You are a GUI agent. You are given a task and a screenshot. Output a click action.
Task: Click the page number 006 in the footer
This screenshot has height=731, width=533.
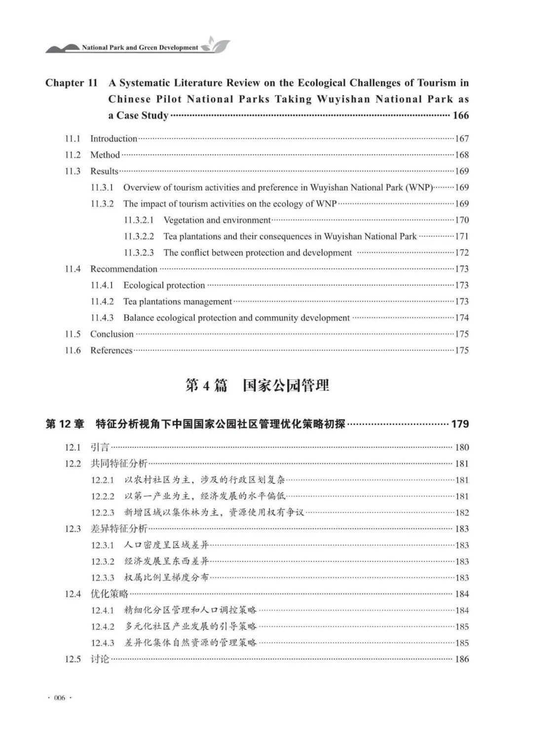(60, 697)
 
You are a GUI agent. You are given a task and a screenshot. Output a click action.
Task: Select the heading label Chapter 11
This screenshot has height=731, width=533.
(72, 83)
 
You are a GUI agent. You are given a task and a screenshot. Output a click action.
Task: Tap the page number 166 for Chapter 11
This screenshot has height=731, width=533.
(460, 115)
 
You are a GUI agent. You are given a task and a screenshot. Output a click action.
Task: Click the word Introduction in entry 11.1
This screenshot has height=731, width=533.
(114, 139)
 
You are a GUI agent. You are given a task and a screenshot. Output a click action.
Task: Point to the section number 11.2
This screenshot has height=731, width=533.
(73, 155)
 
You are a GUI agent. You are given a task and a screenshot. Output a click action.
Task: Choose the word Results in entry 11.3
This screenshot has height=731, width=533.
(104, 171)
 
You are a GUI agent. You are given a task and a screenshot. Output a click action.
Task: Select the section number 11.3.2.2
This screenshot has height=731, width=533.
(139, 236)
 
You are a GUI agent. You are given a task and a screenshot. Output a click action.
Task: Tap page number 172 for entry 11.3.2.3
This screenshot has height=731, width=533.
(461, 253)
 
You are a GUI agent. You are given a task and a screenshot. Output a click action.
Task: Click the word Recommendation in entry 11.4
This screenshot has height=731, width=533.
(123, 269)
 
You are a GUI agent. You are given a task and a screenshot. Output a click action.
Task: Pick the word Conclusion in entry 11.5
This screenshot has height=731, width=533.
(112, 334)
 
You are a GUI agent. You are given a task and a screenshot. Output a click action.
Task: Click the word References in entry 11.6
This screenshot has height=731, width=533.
(111, 350)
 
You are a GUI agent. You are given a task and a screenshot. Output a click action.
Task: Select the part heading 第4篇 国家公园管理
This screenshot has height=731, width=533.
(257, 385)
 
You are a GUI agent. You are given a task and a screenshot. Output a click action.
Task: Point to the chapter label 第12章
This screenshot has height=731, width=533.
(65, 424)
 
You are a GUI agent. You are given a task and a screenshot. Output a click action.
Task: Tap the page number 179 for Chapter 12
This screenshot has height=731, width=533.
(460, 424)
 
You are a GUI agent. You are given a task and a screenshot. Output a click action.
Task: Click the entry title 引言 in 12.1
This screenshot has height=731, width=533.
(100, 447)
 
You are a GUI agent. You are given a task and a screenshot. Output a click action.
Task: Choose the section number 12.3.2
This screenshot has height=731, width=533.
(102, 561)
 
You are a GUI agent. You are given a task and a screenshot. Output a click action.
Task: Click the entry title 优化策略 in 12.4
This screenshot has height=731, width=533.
(109, 594)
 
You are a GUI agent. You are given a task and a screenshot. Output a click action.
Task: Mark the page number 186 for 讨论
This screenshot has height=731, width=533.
(461, 659)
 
